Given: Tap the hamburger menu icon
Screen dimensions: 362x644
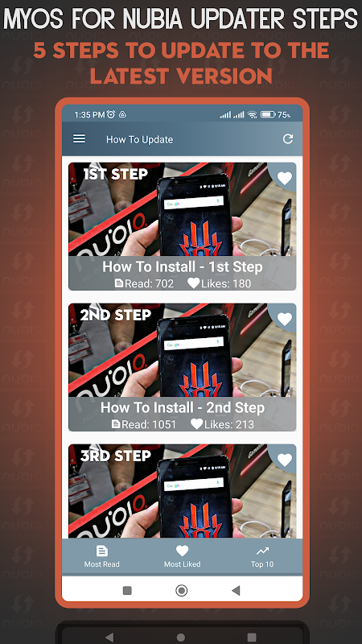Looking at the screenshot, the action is pyautogui.click(x=79, y=138).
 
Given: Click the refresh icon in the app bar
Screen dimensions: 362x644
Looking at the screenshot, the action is pyautogui.click(x=288, y=138).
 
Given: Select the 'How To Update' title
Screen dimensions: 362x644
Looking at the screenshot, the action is pyautogui.click(x=139, y=139).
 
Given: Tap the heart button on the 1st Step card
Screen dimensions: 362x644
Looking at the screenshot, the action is pyautogui.click(x=285, y=178).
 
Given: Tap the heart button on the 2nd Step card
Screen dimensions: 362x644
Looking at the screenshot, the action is pyautogui.click(x=285, y=319).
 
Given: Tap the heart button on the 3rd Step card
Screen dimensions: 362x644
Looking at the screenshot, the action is pyautogui.click(x=285, y=460).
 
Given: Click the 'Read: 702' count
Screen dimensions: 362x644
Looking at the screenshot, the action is pyautogui.click(x=144, y=283).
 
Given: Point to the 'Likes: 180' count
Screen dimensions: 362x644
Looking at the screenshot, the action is pyautogui.click(x=219, y=283).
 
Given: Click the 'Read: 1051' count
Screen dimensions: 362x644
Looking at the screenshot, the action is pyautogui.click(x=144, y=424).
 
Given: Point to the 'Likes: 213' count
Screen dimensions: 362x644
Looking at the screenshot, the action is pyautogui.click(x=222, y=424).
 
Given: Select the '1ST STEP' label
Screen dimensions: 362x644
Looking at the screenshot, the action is pyautogui.click(x=115, y=174).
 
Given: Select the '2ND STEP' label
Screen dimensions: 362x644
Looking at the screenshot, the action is pyautogui.click(x=115, y=315).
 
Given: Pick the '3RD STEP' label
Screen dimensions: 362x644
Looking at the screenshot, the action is pyautogui.click(x=115, y=456).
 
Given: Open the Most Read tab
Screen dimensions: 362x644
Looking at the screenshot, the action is pyautogui.click(x=102, y=556).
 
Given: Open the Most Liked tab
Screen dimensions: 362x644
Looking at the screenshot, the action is pyautogui.click(x=183, y=556).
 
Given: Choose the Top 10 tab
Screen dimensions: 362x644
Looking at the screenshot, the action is pyautogui.click(x=262, y=556).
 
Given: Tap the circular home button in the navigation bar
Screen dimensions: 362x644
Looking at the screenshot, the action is pyautogui.click(x=182, y=591).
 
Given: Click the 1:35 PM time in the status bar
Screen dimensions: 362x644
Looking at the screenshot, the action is pyautogui.click(x=89, y=115).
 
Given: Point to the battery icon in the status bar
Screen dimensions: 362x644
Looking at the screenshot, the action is pyautogui.click(x=268, y=114).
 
